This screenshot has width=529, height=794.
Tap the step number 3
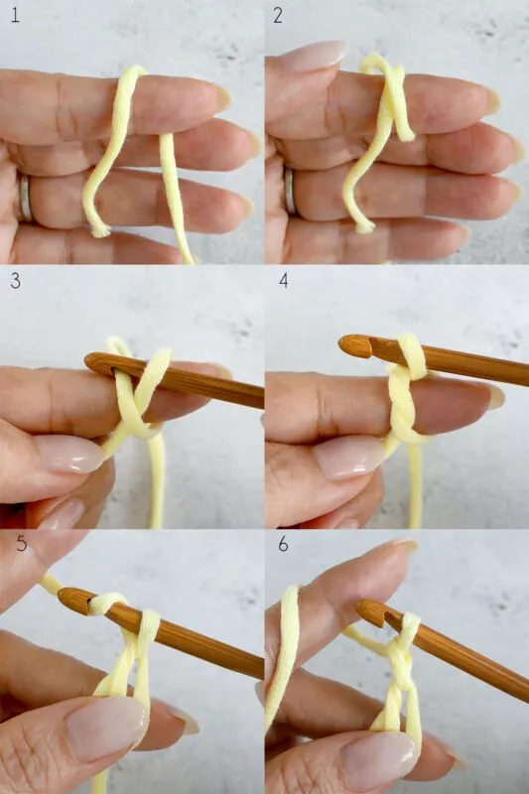pos(14,280)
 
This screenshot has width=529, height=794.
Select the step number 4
pos(282,280)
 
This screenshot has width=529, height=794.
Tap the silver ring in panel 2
pos(290,191)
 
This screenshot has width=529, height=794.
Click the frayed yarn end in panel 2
pos(362,225)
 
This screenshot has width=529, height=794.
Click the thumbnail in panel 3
pos(67,455)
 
